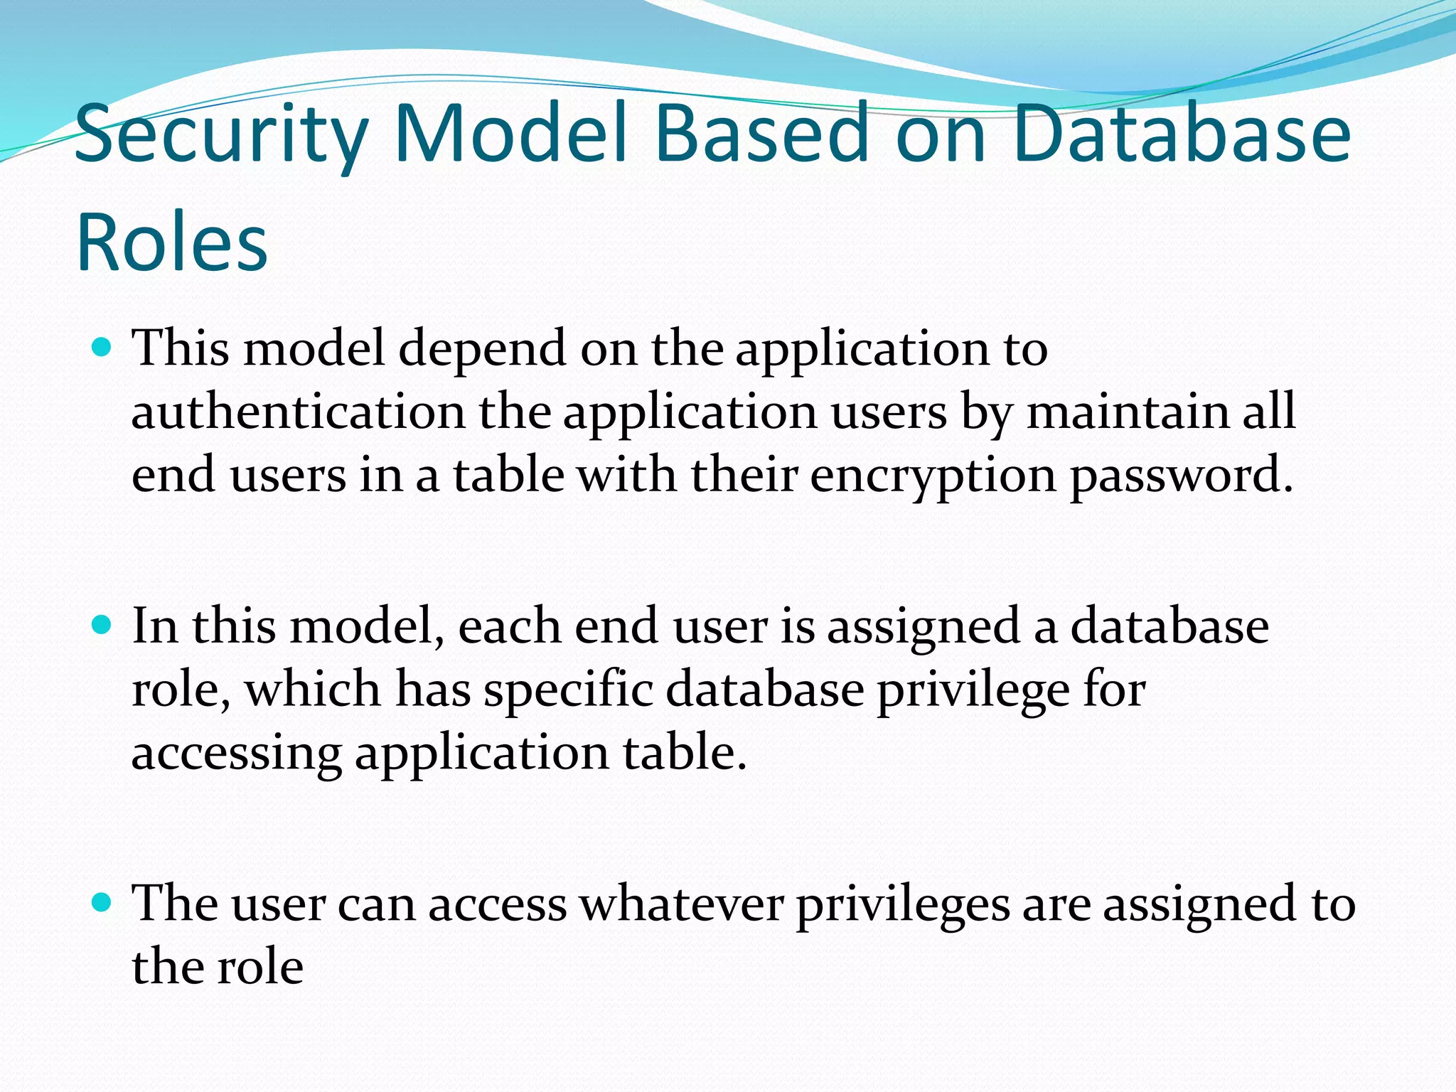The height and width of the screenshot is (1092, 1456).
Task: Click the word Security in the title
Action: pos(220,135)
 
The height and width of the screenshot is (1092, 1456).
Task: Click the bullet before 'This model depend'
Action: pos(102,348)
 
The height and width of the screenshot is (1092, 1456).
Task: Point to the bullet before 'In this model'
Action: pos(102,625)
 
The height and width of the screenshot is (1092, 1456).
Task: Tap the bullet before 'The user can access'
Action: pos(102,903)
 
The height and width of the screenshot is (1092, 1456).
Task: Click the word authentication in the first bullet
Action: pos(298,412)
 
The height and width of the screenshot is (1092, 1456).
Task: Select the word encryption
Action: pos(933,476)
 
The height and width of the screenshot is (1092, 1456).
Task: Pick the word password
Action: pos(1181,476)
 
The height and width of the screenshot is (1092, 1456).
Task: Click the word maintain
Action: pos(1128,412)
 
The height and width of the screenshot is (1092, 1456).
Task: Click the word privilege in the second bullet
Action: pos(973,690)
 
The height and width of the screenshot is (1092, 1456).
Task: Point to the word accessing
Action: pos(236,754)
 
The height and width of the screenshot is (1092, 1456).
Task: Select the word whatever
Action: pos(681,904)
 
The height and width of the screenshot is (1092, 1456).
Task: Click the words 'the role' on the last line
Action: pos(218,968)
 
